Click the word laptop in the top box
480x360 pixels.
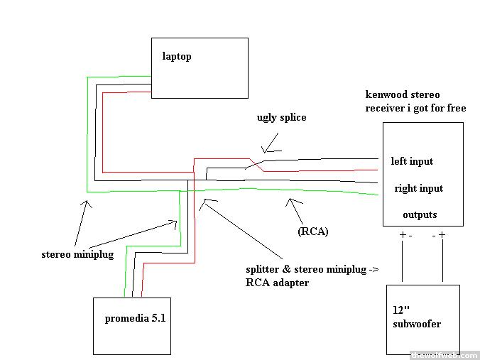pyautogui.click(x=177, y=56)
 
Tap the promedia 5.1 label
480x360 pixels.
pyautogui.click(x=135, y=318)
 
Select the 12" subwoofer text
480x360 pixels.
pyautogui.click(x=416, y=317)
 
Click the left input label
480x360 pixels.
pyautogui.click(x=412, y=161)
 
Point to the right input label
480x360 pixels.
pyautogui.click(x=418, y=188)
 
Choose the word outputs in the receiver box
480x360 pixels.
pyautogui.click(x=420, y=214)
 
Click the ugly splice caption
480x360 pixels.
pyautogui.click(x=282, y=117)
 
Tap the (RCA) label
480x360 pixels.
pyautogui.click(x=313, y=231)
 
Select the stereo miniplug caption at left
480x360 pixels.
pyautogui.click(x=75, y=253)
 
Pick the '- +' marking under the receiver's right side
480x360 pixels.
pyautogui.click(x=438, y=234)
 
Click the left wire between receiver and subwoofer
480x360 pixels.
pyautogui.click(x=403, y=262)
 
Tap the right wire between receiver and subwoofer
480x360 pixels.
pyautogui.click(x=443, y=262)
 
